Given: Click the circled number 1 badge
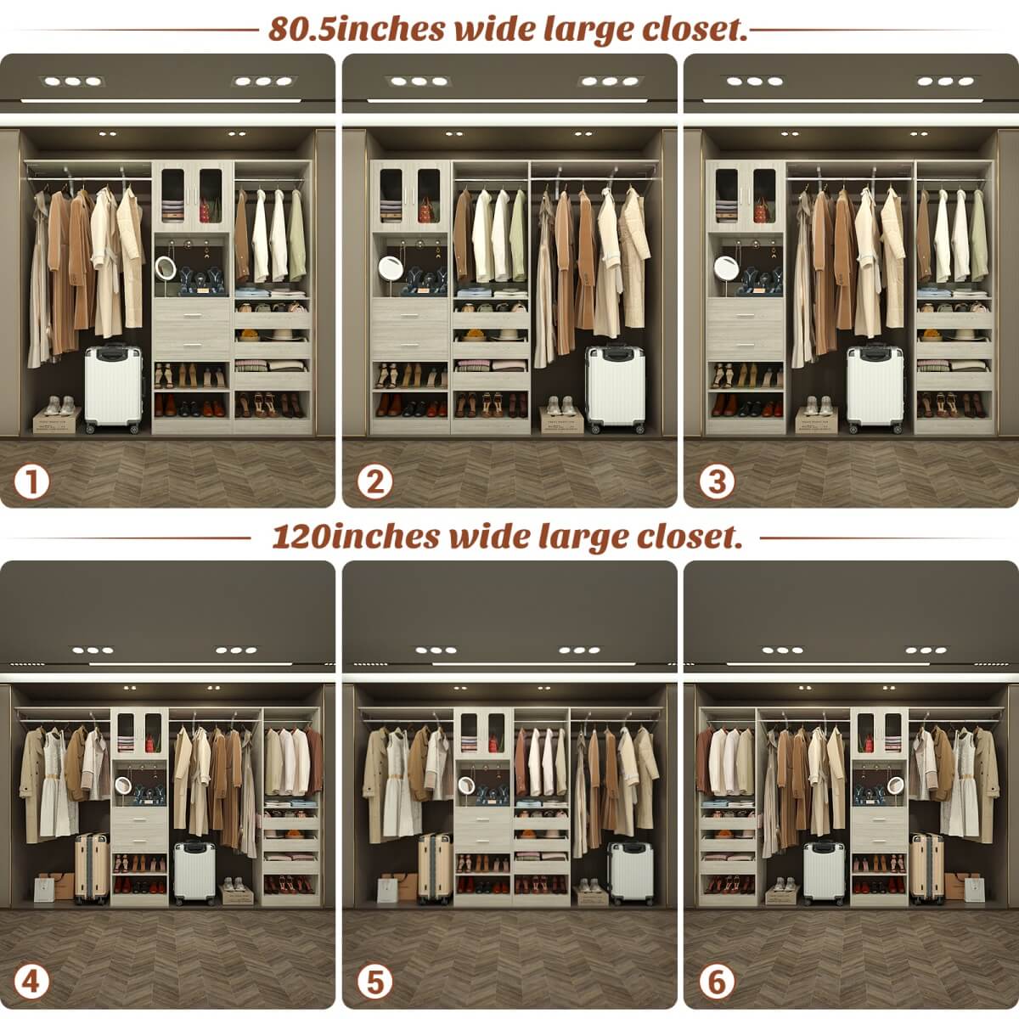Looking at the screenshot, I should pyautogui.click(x=32, y=481).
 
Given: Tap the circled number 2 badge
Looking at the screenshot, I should pyautogui.click(x=374, y=481).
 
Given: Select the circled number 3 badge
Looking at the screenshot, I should pyautogui.click(x=717, y=481).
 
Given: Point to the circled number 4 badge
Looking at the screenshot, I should pyautogui.click(x=32, y=982).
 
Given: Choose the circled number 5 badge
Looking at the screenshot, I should pyautogui.click(x=374, y=982).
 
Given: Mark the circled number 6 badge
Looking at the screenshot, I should pyautogui.click(x=717, y=982).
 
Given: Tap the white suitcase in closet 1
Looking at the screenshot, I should pyautogui.click(x=112, y=389).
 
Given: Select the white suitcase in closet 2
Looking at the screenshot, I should pyautogui.click(x=615, y=389).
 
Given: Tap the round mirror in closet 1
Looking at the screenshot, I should pyautogui.click(x=166, y=270).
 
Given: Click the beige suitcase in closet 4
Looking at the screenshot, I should pyautogui.click(x=91, y=868).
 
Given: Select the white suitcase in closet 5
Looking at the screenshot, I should pyautogui.click(x=629, y=874).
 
